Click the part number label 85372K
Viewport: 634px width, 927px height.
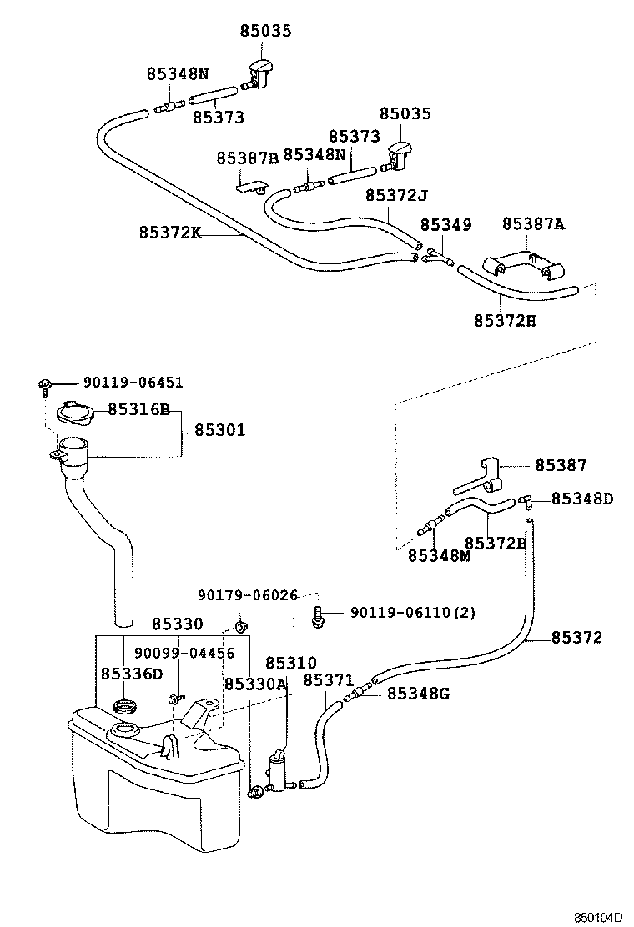(170, 233)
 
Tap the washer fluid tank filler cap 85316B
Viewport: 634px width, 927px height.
(74, 412)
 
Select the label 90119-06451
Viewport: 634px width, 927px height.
(133, 383)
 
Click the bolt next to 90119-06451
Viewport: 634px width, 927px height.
(44, 385)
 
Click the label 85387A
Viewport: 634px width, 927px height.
(533, 223)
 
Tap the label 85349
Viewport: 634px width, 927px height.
(445, 225)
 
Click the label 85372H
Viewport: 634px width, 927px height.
(505, 320)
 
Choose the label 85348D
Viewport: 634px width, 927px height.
(581, 499)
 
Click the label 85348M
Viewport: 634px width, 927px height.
(439, 555)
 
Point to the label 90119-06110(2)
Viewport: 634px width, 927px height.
(413, 613)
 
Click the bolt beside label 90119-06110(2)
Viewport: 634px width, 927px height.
(319, 616)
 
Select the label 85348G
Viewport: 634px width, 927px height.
(418, 693)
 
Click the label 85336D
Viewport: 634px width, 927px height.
(132, 673)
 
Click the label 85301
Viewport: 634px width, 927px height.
(220, 430)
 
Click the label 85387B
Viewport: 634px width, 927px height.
(247, 158)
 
